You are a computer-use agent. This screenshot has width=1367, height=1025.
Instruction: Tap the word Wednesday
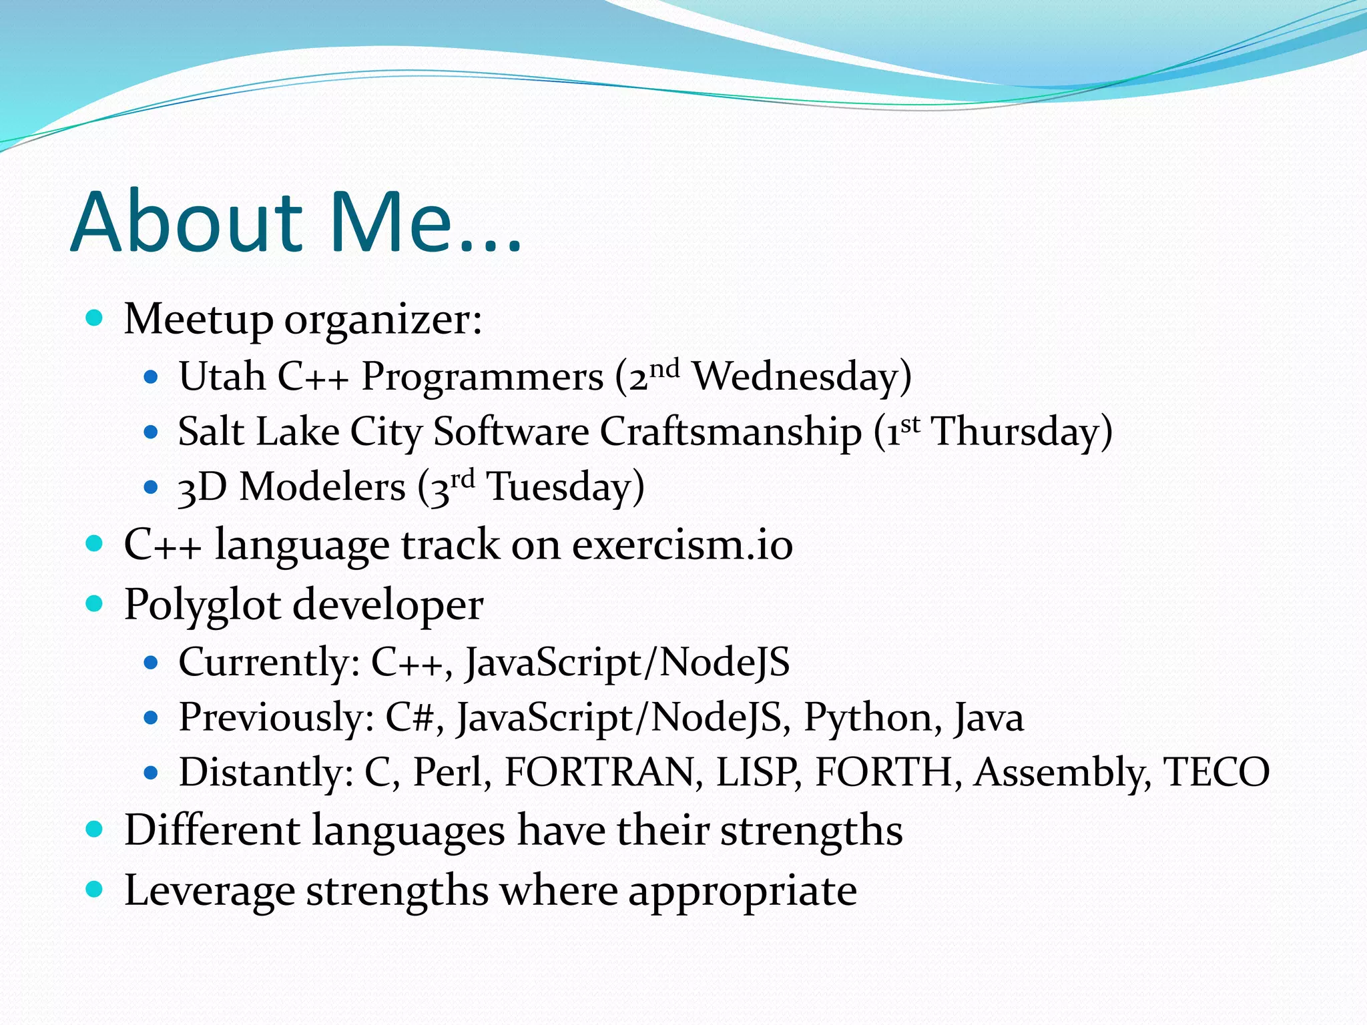[x=798, y=377]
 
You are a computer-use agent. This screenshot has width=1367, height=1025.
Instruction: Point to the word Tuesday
[x=559, y=487]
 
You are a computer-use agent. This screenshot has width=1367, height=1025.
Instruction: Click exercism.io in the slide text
[x=682, y=545]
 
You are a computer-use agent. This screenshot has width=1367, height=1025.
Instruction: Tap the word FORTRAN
[x=597, y=773]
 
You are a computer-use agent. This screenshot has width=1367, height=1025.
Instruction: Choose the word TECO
[x=1215, y=773]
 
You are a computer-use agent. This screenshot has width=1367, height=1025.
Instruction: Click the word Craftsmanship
[x=730, y=432]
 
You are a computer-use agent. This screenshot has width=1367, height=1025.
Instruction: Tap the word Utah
[x=222, y=377]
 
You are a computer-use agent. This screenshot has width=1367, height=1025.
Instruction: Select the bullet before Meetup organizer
[x=95, y=318]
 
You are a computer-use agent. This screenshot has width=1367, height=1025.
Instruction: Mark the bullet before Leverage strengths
[x=95, y=889]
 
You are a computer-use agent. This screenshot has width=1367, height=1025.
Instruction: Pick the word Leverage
[x=210, y=892]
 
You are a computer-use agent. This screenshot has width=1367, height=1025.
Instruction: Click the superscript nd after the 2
[x=665, y=368]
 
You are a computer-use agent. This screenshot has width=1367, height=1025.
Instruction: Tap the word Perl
[x=447, y=773]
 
